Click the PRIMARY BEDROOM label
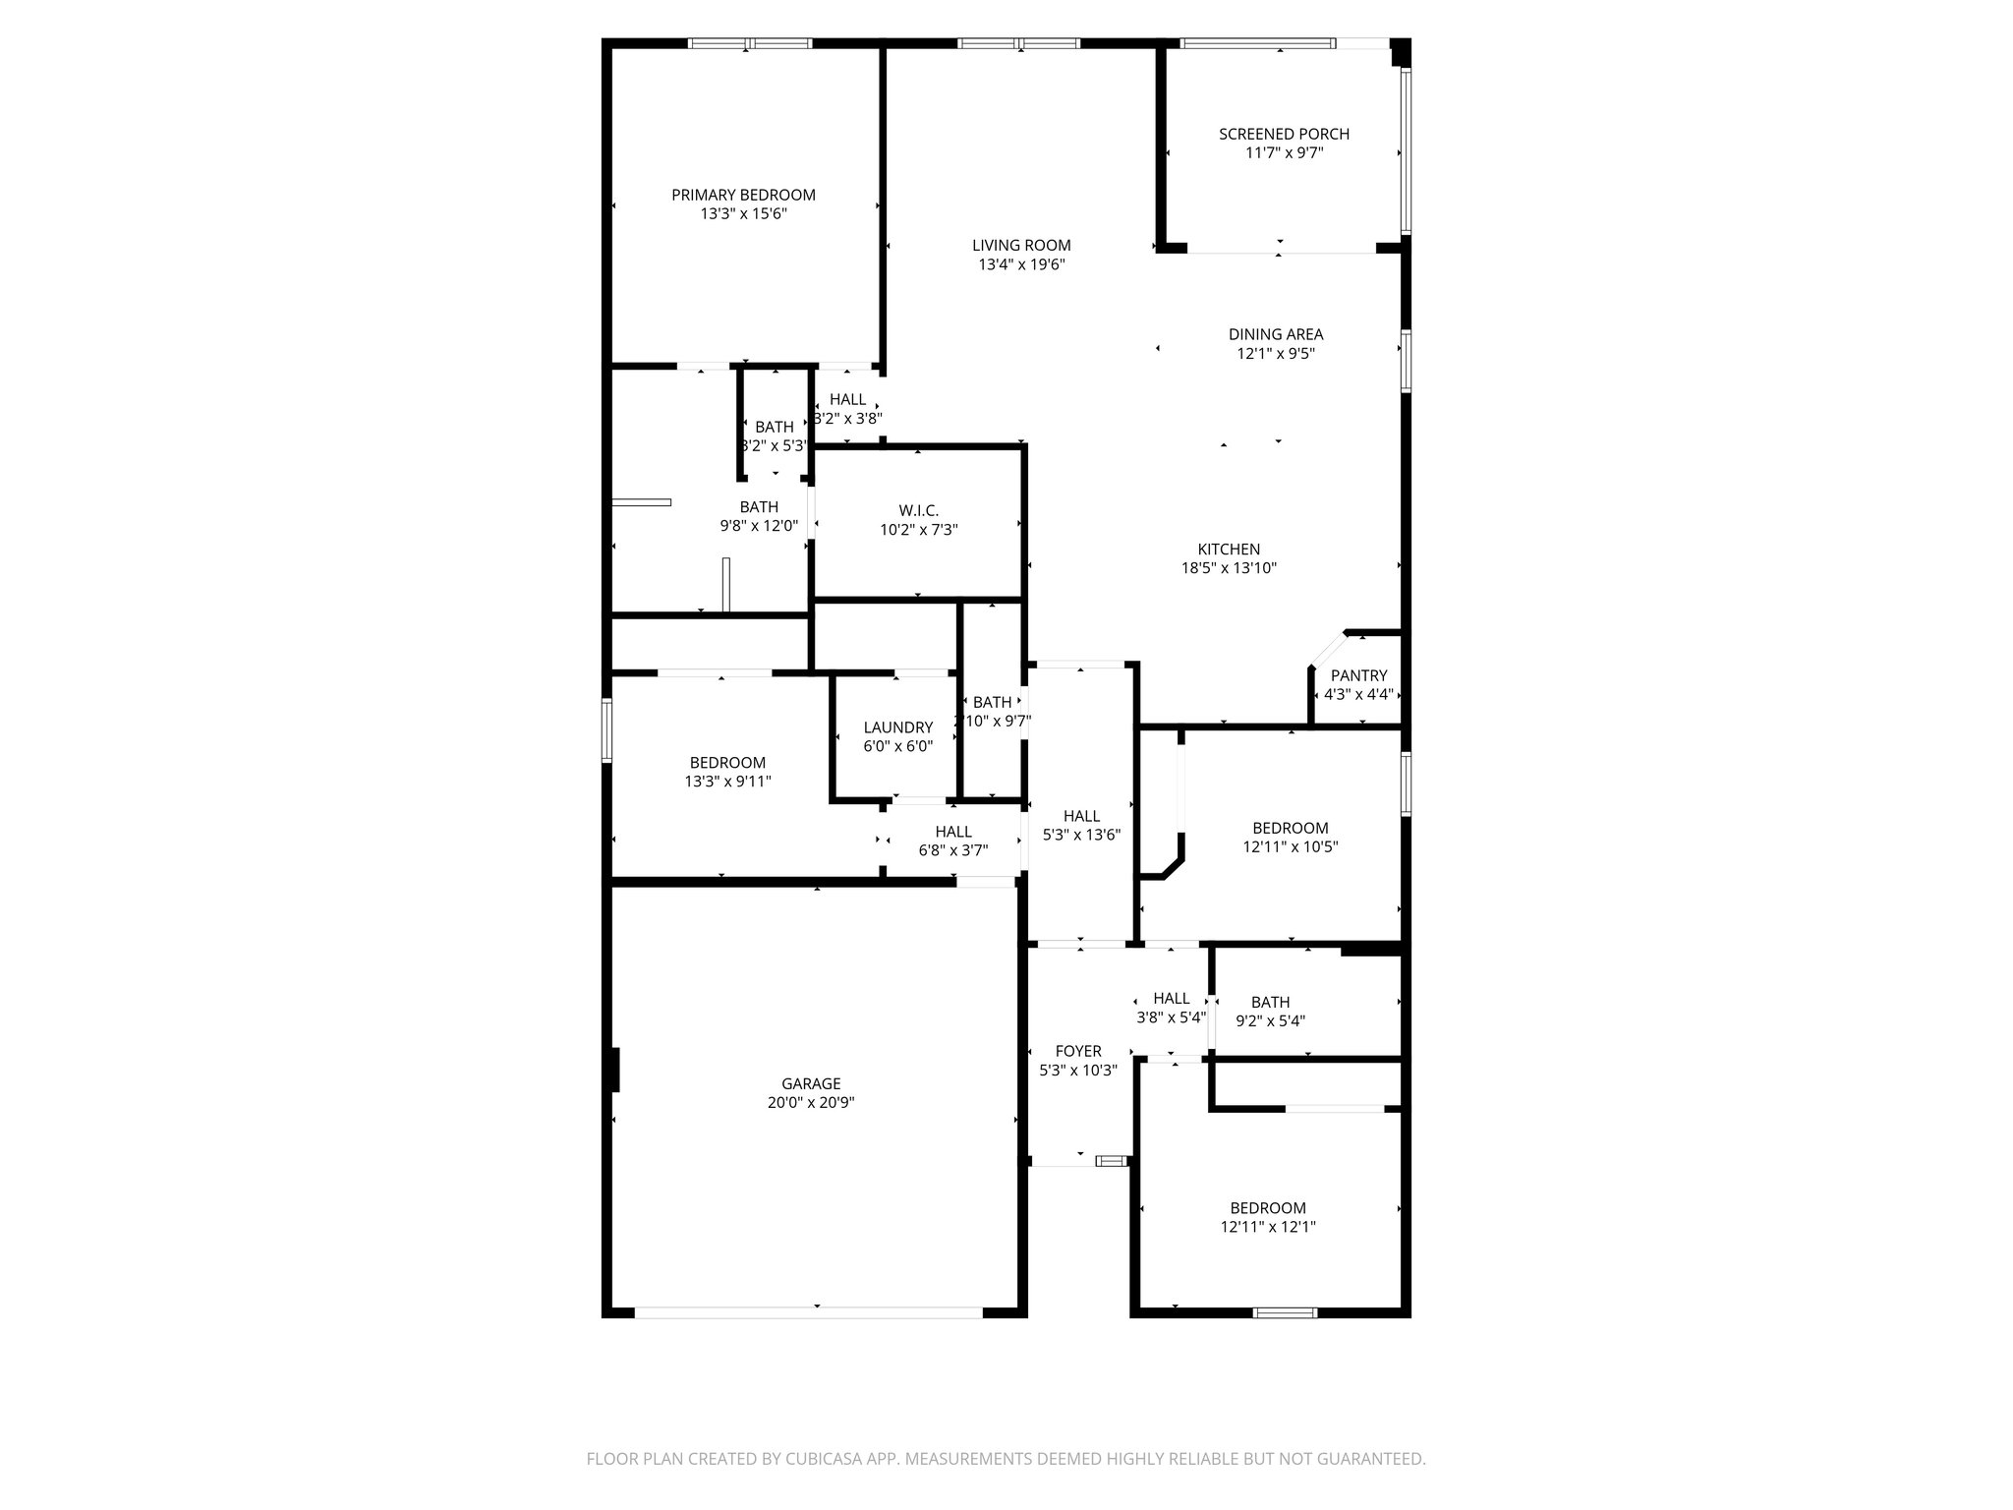743,195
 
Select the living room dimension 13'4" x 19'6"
1021,264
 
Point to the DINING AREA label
1275,334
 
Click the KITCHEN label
1228,550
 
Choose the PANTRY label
1358,675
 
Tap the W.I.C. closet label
918,510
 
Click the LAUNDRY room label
897,727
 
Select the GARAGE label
811,1084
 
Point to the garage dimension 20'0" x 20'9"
811,1103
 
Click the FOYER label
1078,1051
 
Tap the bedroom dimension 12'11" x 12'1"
1268,1227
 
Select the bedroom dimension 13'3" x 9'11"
727,782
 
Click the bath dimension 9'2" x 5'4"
1270,1020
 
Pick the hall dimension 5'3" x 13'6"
1081,835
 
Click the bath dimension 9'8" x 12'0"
758,526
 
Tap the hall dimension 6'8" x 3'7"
952,850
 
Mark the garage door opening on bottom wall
808,1311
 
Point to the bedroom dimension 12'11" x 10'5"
1290,846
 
